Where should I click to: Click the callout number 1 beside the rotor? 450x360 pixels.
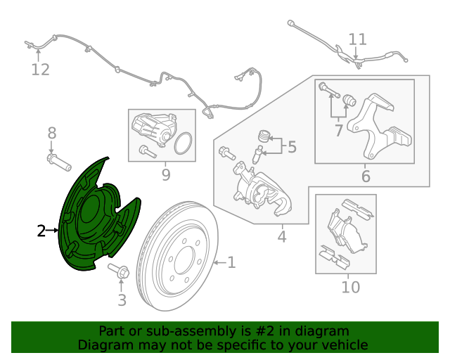[231, 264]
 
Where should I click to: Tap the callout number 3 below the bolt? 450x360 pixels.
[122, 301]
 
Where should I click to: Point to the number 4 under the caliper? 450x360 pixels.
[281, 237]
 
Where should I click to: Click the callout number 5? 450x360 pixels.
[292, 147]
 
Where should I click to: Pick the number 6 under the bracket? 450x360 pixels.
[366, 176]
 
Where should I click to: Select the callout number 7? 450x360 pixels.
[338, 130]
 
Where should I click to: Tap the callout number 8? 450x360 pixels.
[51, 132]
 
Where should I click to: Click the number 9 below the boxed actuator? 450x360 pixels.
[166, 174]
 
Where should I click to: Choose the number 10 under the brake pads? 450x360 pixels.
[350, 287]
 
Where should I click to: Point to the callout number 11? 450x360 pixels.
[358, 39]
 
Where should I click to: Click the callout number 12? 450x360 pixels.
[41, 70]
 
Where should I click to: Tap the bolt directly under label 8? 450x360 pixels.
[58, 163]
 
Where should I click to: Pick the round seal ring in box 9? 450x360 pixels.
[182, 143]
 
